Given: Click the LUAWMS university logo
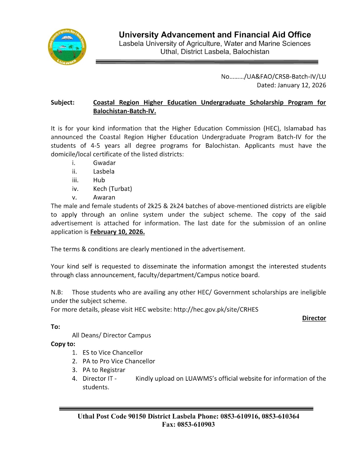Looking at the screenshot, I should click(67, 47).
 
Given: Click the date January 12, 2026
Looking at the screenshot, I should click(302, 85).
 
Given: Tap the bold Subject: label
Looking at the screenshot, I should click(63, 103).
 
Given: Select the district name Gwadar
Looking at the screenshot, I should click(104, 163).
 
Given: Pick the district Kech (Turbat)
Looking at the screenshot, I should click(112, 189).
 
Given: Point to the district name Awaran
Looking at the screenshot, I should click(104, 197).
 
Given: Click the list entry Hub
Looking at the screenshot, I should click(99, 180).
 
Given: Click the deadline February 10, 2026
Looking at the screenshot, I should click(117, 232).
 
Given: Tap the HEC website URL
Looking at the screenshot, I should click(216, 310).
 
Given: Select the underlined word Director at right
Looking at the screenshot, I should click(314, 318).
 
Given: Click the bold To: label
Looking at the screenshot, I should click(55, 327).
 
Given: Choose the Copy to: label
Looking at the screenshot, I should click(63, 344).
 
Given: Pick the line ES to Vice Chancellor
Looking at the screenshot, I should click(112, 353).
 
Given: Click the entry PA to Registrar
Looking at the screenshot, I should click(104, 370).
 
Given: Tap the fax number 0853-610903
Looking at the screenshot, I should click(196, 425).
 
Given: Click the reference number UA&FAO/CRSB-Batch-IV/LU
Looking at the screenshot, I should click(285, 77).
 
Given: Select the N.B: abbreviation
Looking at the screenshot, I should click(57, 292).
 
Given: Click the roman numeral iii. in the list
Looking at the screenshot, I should click(75, 180).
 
